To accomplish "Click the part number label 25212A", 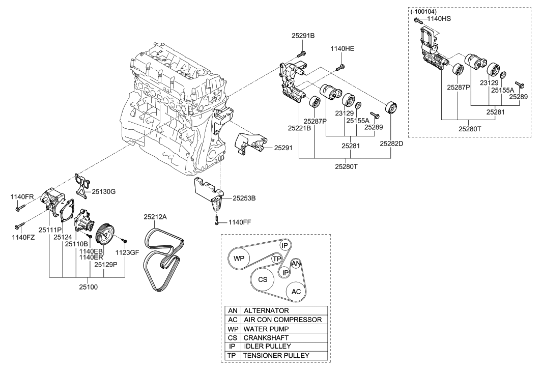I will coord(155,217).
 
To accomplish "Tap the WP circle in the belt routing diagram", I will coord(239,258).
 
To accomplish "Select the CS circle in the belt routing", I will coord(263,279).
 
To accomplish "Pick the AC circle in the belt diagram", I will coord(296,292).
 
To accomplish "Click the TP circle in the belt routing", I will coord(276,259).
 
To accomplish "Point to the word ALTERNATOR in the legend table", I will coord(266,310).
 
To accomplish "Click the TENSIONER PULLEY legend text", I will coord(276,355).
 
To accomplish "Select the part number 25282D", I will coord(391,144).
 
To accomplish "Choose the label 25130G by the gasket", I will coord(104,191).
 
